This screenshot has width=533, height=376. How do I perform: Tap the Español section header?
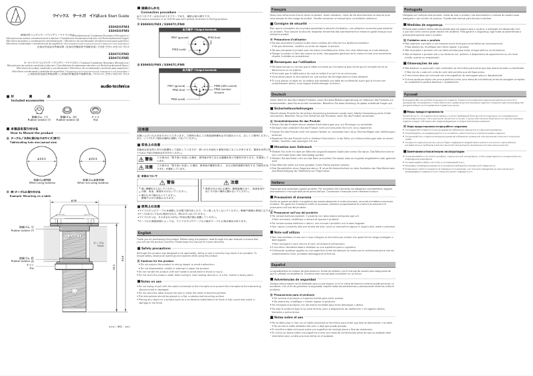tap(279, 264)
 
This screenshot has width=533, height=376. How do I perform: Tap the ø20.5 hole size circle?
tap(92, 160)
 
